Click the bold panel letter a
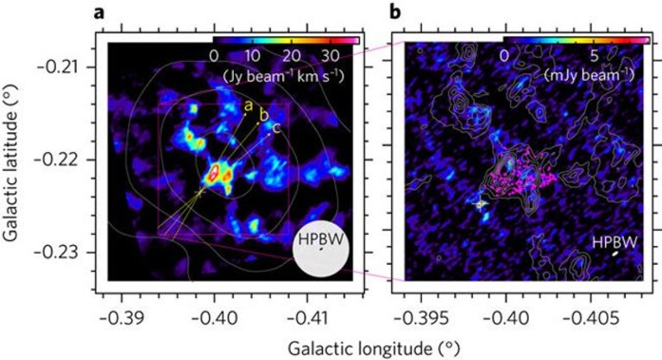point(98,13)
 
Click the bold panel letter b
point(394,11)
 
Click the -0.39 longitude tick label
point(122,317)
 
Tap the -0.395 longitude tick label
point(420,317)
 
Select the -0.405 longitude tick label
point(590,317)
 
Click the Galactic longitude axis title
point(374,349)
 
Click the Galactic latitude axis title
point(11,163)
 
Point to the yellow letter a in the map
point(249,106)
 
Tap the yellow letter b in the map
point(263,115)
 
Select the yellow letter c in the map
point(276,127)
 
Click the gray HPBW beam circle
point(321,249)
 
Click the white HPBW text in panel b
point(615,242)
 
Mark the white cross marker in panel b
point(481,204)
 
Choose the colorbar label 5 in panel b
point(594,55)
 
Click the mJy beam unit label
point(589,75)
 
